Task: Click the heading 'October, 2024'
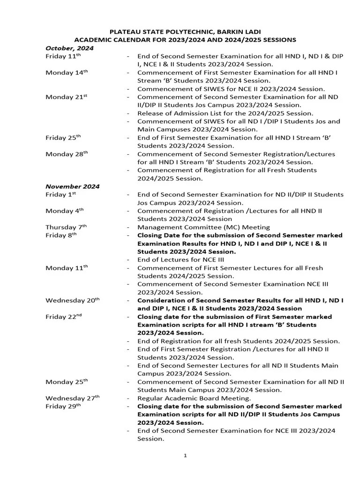pos(69,48)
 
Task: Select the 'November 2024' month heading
pos(72,186)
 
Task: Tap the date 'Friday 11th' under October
pos(63,56)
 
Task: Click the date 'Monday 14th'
pos(67,73)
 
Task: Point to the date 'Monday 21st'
pos(67,97)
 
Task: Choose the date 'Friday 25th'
pos(63,138)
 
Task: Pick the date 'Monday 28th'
pos(67,154)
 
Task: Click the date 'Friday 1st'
pos(61,195)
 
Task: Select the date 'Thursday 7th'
pos(66,227)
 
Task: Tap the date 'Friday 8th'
pos(61,235)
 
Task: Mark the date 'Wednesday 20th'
pos(73,300)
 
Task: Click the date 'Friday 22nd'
pos(64,316)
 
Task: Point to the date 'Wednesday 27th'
pos(73,398)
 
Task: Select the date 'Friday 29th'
pos(63,406)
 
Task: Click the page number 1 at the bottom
pos(185,455)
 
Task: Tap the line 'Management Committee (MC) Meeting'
pos(203,227)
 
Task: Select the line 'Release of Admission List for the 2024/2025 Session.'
pos(225,113)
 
